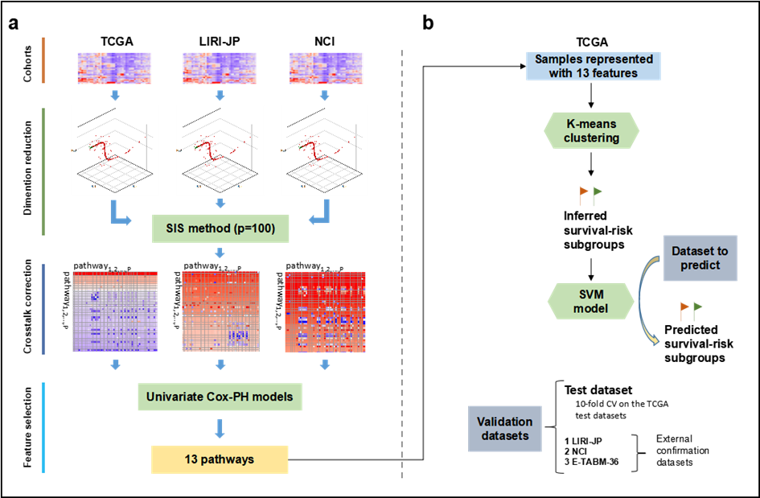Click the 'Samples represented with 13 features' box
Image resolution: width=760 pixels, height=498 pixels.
pos(594,66)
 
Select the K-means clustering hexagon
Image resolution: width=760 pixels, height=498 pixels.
pos(592,130)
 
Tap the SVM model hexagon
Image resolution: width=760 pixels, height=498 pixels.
pos(590,302)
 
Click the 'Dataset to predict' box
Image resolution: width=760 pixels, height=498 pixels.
pos(700,257)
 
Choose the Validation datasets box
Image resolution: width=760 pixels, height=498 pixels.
pos(504,428)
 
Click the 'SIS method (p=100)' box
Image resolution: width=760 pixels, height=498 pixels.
pos(220,228)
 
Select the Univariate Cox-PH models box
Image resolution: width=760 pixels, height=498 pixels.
pos(220,397)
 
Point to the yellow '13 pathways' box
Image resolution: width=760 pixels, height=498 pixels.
pos(220,459)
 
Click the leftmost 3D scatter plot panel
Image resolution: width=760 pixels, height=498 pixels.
pos(114,150)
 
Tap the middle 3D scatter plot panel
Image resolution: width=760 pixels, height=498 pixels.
pos(220,150)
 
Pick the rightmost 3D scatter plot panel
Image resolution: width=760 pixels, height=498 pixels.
pos(324,150)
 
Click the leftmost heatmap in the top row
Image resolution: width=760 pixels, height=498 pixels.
pos(114,68)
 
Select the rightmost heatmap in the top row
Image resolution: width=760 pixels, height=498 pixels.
pos(325,68)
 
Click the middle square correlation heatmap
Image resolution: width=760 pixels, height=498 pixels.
pos(220,311)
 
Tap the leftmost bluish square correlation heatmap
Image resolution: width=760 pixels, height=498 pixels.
pos(114,311)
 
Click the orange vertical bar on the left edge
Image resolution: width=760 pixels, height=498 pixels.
pos(43,60)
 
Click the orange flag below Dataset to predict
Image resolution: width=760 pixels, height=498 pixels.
pos(684,310)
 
